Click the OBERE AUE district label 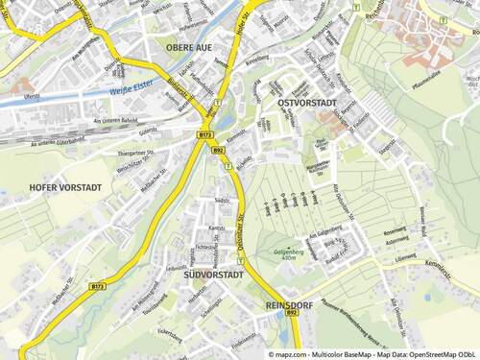tap(188, 46)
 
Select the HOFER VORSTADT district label tap(63, 187)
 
